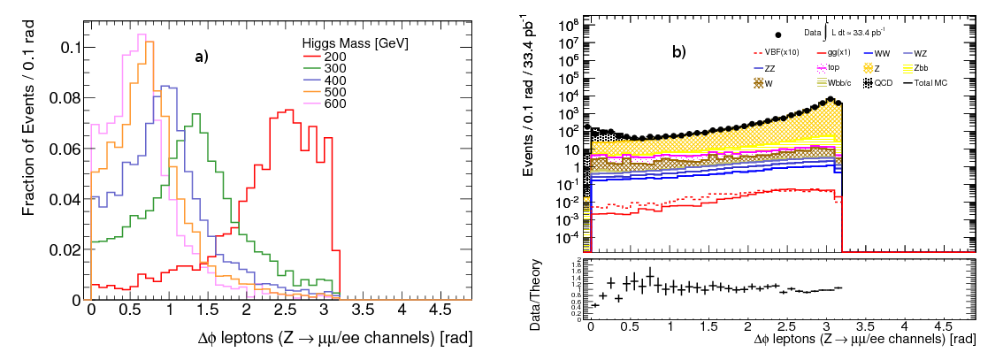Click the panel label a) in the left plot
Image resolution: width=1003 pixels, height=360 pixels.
click(203, 57)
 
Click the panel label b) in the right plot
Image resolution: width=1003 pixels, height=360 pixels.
click(678, 52)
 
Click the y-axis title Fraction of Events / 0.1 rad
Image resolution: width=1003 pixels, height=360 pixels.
click(29, 145)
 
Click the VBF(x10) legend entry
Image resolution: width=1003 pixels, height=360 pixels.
click(779, 51)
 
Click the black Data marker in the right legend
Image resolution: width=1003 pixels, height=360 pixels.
click(778, 34)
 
